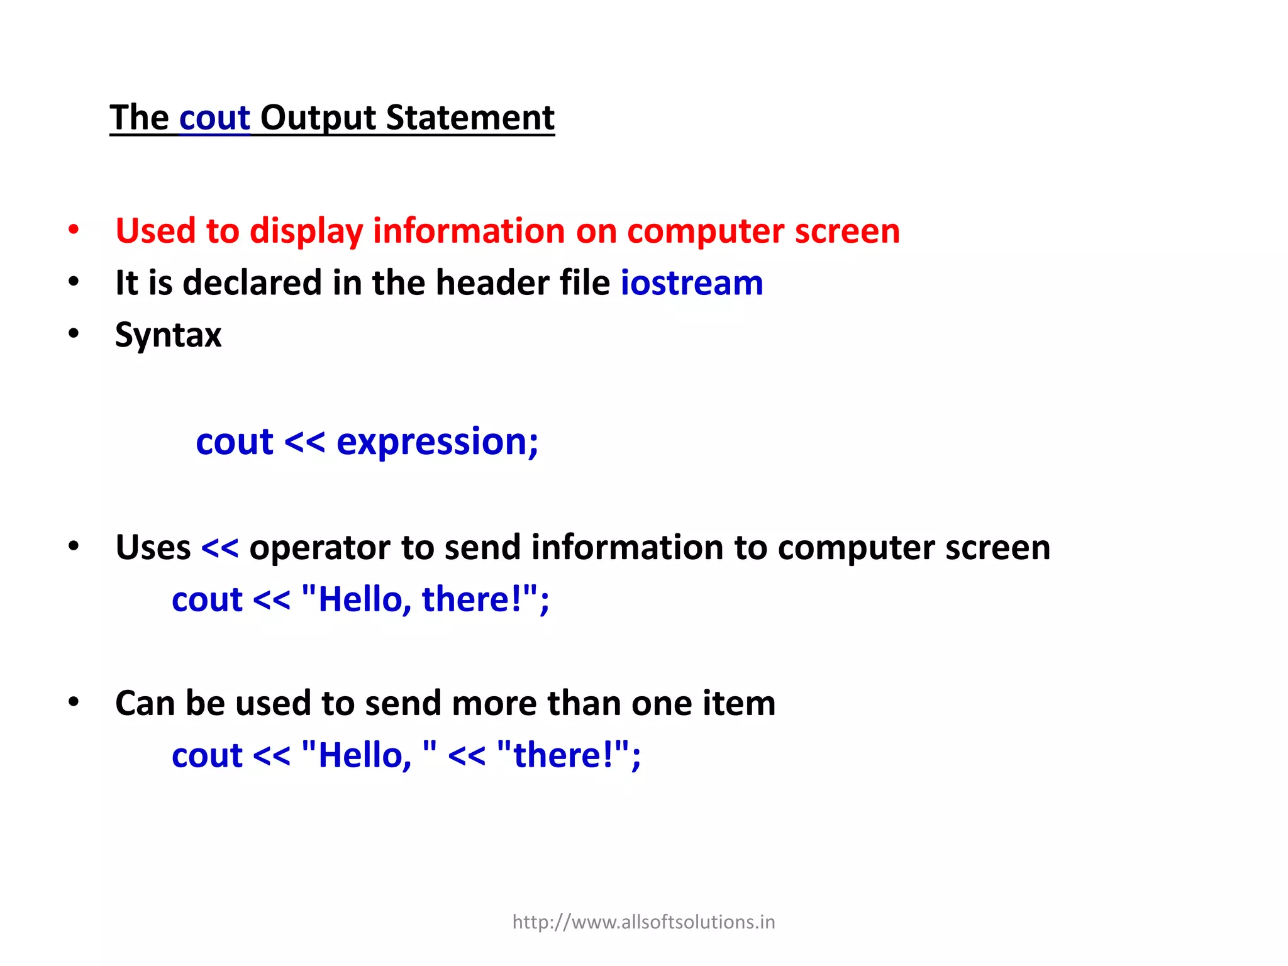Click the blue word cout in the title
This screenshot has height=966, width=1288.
pos(214,118)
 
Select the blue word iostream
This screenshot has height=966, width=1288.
pos(692,282)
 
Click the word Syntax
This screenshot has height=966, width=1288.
pos(168,335)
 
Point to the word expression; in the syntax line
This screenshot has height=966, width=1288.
pos(437,443)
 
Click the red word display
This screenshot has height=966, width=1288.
pos(306,231)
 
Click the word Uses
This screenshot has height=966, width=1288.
pos(153,547)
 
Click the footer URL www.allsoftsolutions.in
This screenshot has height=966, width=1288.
pos(643,922)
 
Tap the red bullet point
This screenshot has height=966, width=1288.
pos(74,230)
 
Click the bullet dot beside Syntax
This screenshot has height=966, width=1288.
pos(74,333)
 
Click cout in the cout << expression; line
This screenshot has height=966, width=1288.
pos(234,442)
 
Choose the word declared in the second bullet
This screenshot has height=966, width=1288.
pos(252,282)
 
